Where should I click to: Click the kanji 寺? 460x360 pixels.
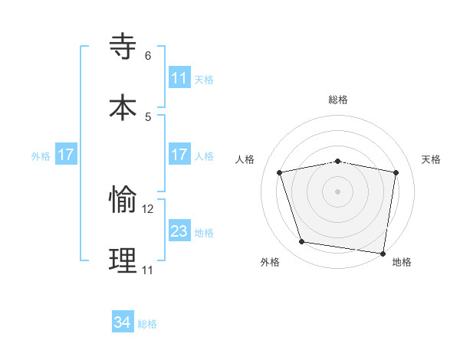click(123, 47)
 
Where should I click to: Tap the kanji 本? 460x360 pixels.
click(123, 106)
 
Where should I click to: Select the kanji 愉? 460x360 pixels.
click(123, 201)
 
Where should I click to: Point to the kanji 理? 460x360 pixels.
click(123, 260)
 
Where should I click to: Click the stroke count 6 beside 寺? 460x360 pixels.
click(148, 56)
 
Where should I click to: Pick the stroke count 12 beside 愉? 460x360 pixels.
click(148, 208)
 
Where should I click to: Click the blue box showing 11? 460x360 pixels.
click(179, 78)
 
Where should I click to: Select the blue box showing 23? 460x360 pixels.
click(179, 231)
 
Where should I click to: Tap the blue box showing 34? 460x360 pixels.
click(123, 322)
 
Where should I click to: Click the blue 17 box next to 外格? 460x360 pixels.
click(66, 155)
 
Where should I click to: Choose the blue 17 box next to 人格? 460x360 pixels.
click(179, 155)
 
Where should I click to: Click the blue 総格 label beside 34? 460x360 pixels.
click(147, 324)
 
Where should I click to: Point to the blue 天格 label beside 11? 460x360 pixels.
click(204, 79)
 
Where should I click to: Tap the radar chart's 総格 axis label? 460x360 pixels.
click(338, 100)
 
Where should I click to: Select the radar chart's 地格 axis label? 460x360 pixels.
click(402, 262)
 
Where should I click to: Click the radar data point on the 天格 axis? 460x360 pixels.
click(396, 172)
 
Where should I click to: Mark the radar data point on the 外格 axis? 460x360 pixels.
click(301, 242)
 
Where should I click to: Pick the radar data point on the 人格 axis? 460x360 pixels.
click(280, 172)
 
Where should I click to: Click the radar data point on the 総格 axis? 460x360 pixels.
click(338, 161)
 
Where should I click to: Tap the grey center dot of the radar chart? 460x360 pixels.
click(338, 191)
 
